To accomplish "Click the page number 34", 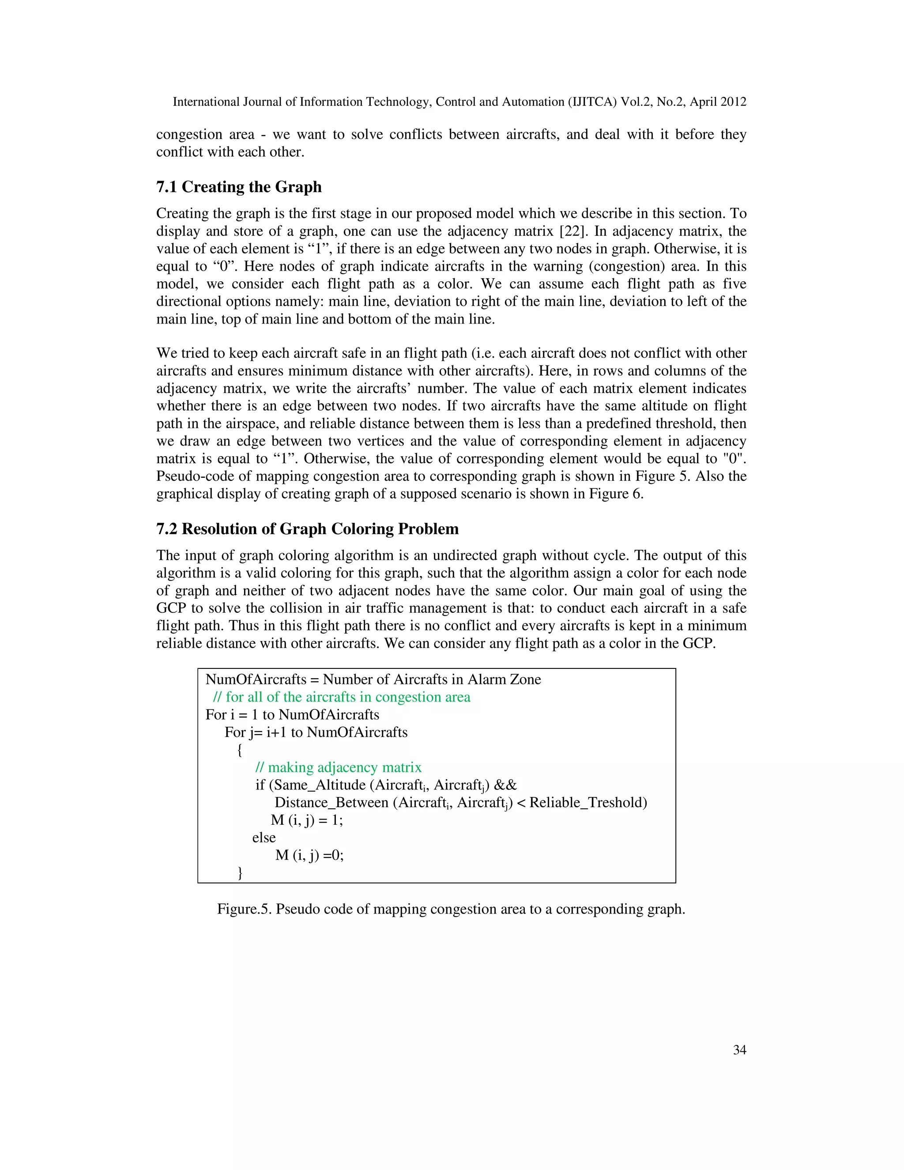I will [739, 1050].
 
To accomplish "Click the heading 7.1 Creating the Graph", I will [239, 187].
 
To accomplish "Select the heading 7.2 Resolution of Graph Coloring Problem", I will [307, 529].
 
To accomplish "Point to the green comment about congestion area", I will [342, 697].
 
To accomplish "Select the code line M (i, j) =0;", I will [309, 855].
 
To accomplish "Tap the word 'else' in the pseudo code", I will [264, 837].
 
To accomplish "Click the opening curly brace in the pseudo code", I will [239, 750].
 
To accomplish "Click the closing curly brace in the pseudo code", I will [239, 873].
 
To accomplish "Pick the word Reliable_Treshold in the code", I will [588, 803].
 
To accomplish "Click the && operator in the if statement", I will [505, 785].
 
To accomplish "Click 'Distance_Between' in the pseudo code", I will [331, 803].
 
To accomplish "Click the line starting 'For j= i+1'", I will [316, 732].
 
